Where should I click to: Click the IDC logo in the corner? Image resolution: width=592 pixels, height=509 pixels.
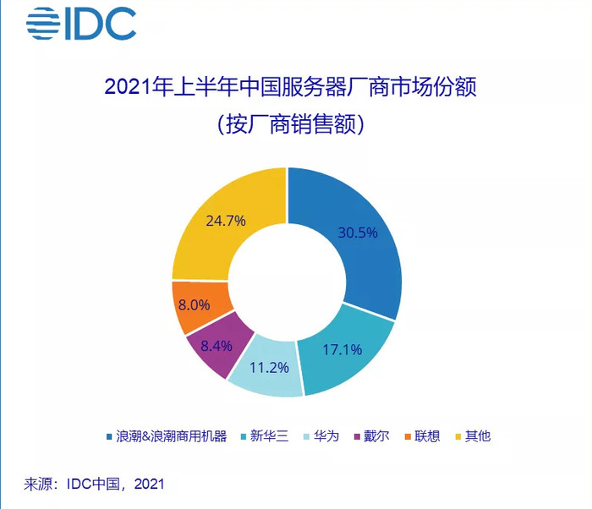80,25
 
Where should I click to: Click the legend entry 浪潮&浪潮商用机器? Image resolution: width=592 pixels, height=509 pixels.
166,436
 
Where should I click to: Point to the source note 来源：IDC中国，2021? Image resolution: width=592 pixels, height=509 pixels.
93,484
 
